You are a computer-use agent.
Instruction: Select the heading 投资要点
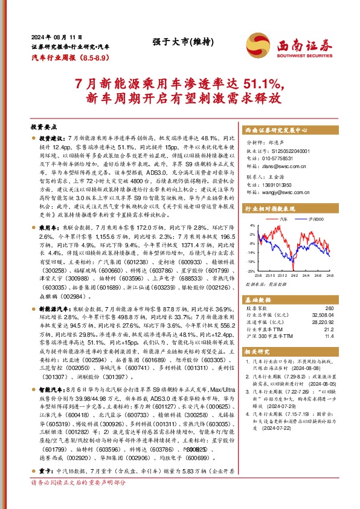click(x=43, y=128)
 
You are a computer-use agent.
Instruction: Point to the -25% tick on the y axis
click(x=253, y=271)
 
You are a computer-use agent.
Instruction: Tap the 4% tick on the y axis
click(x=254, y=225)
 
